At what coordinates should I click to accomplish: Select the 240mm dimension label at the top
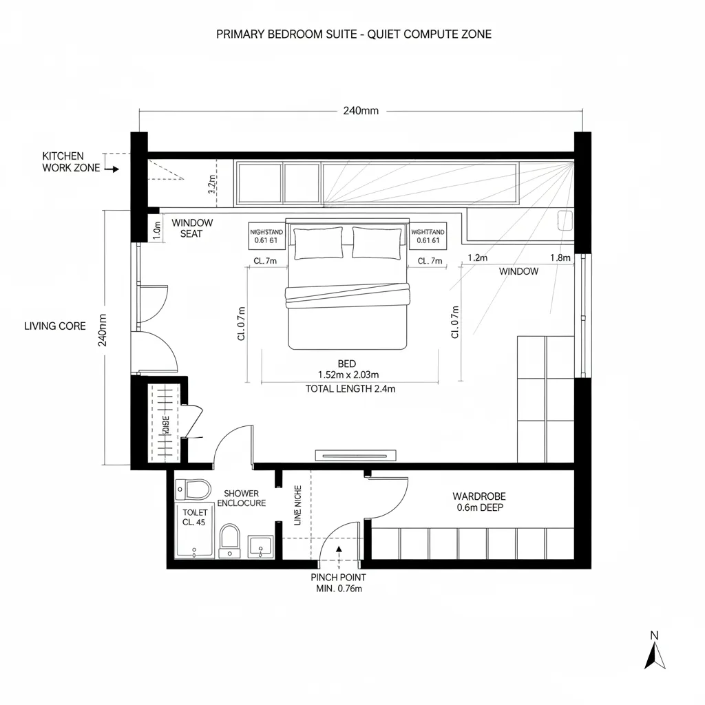coord(361,111)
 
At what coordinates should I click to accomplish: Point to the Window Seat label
coord(192,228)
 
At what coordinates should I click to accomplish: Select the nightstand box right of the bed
coord(428,236)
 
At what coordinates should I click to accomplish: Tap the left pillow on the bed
coord(317,243)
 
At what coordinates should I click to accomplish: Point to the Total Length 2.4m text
coord(350,389)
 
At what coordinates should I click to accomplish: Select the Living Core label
coord(55,326)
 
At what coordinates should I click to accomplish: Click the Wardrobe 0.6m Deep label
coord(479,502)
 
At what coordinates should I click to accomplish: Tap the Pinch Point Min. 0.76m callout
coord(338,582)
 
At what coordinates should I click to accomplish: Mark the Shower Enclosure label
coord(241,498)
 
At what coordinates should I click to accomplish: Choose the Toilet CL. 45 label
coord(194,517)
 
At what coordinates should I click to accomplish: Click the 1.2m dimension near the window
coord(477,258)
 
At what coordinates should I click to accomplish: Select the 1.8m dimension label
coord(560,258)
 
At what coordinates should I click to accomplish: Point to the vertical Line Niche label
coord(298,505)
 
